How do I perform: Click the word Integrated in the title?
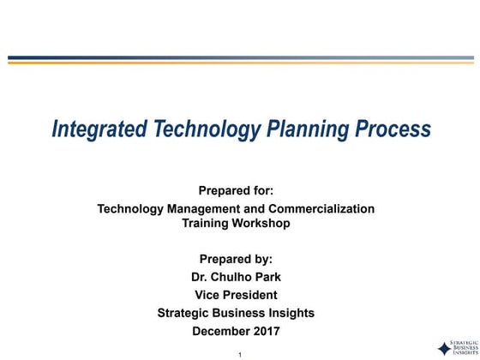pyautogui.click(x=99, y=129)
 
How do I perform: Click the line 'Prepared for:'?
pyautogui.click(x=236, y=191)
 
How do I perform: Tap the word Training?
pyautogui.click(x=206, y=223)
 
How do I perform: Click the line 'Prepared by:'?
pyautogui.click(x=236, y=259)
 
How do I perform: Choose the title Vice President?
pyautogui.click(x=236, y=295)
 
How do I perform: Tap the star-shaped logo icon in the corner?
pyautogui.click(x=443, y=347)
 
